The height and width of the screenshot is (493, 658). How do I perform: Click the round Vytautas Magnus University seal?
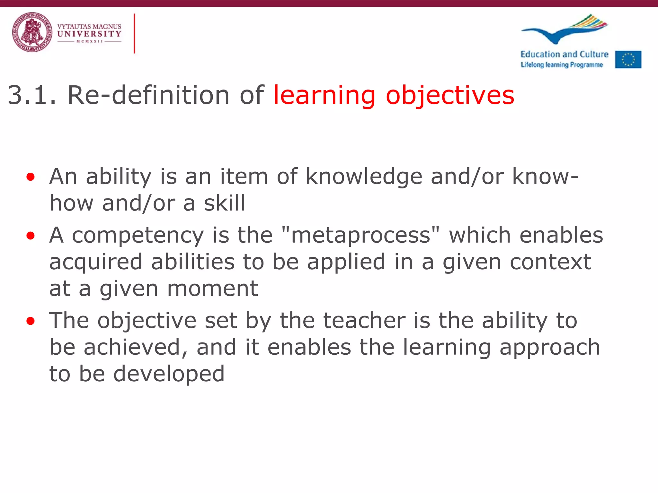click(32, 32)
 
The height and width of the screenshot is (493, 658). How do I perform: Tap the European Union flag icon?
click(628, 59)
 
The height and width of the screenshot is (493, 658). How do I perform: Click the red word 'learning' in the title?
click(324, 95)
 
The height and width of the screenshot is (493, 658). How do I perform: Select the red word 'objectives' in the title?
click(450, 95)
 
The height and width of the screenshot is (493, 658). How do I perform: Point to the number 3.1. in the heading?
click(32, 95)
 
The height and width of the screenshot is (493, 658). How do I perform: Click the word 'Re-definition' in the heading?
click(148, 95)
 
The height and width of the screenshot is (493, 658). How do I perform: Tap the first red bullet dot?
click(31, 177)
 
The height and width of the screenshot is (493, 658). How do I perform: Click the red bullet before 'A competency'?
click(31, 236)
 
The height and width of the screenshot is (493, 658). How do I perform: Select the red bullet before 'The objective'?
click(31, 321)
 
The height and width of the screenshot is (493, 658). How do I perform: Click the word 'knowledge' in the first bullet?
click(364, 177)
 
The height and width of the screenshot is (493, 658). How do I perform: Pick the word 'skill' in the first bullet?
click(225, 203)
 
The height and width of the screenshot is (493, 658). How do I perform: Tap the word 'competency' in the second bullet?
click(138, 236)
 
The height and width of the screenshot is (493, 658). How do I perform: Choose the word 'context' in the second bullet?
click(550, 262)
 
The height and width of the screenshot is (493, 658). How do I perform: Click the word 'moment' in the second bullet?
click(213, 289)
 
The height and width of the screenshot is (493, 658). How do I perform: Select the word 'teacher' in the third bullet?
click(364, 321)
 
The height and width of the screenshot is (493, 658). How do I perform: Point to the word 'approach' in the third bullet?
click(550, 348)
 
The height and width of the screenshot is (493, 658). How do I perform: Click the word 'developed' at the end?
click(169, 374)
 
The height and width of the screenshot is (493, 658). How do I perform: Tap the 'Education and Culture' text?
click(564, 54)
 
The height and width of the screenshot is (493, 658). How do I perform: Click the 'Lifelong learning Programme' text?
click(562, 65)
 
